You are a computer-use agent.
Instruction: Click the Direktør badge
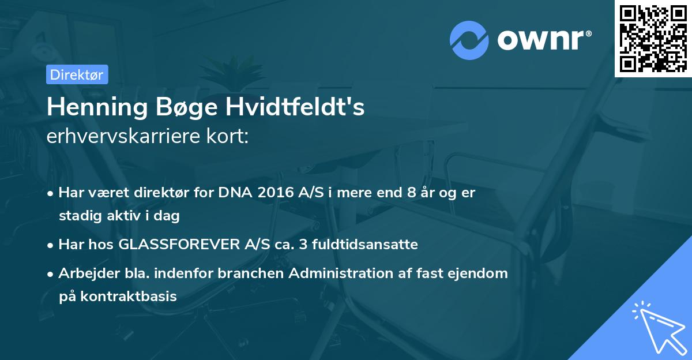pyautogui.click(x=77, y=74)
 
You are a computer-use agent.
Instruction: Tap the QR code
pyautogui.click(x=653, y=38)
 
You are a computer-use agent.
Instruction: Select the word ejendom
pyautogui.click(x=480, y=273)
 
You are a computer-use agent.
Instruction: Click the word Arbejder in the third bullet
pyautogui.click(x=84, y=273)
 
